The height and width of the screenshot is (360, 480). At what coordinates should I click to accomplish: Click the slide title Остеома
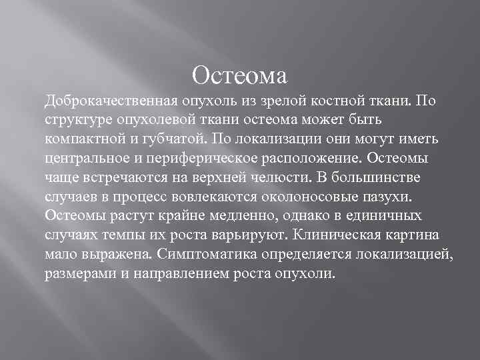tap(239, 74)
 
